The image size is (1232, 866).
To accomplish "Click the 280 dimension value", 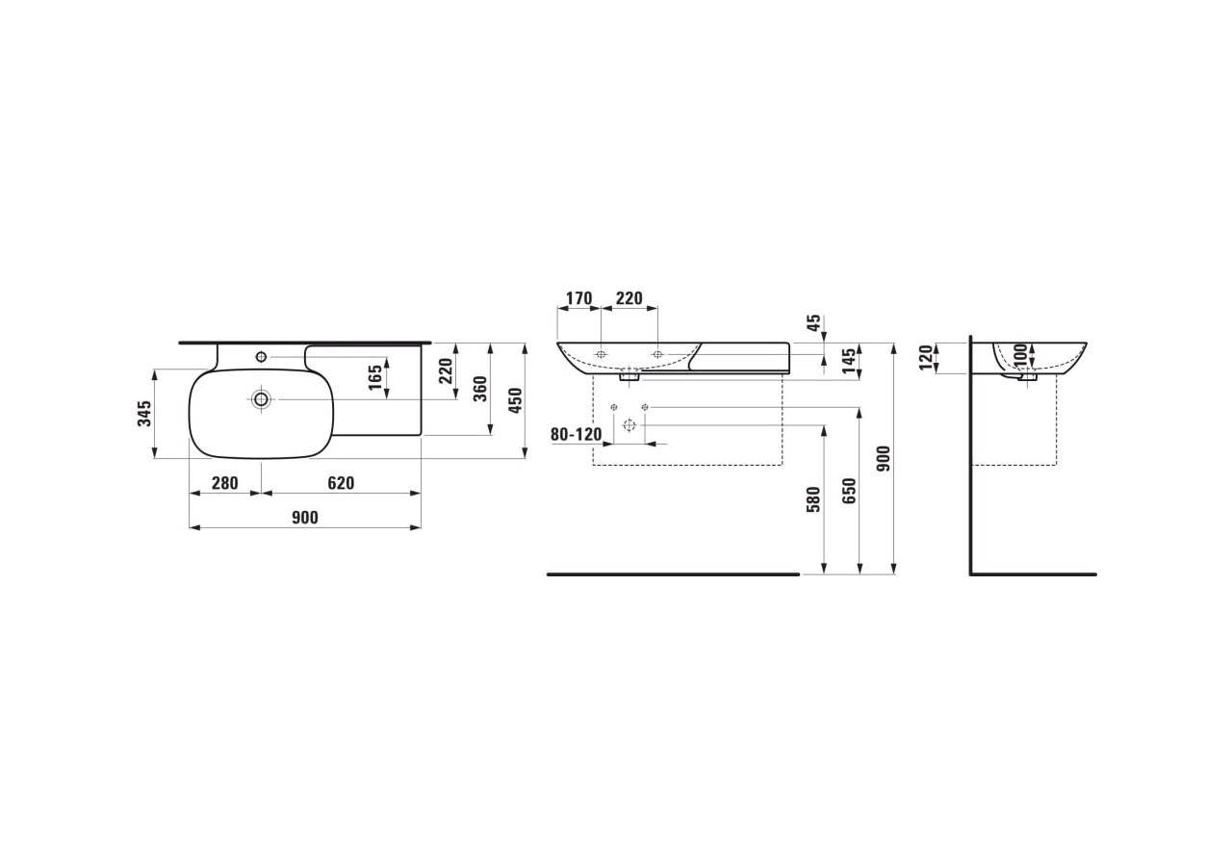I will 224,483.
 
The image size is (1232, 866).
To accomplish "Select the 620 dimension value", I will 341,483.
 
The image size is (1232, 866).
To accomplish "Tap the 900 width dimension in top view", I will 304,518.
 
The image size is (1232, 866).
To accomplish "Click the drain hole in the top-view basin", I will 261,398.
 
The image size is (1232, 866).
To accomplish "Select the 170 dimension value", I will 578,298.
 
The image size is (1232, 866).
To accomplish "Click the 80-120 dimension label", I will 576,434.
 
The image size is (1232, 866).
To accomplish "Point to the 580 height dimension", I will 813,499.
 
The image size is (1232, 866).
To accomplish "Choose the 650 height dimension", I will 849,492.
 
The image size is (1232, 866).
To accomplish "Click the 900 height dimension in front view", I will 885,458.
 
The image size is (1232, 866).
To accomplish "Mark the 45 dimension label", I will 814,323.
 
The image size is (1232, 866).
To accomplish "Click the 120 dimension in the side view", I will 927,357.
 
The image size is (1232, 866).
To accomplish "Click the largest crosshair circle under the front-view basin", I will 629,425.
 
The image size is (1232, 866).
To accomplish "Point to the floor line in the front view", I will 673,574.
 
